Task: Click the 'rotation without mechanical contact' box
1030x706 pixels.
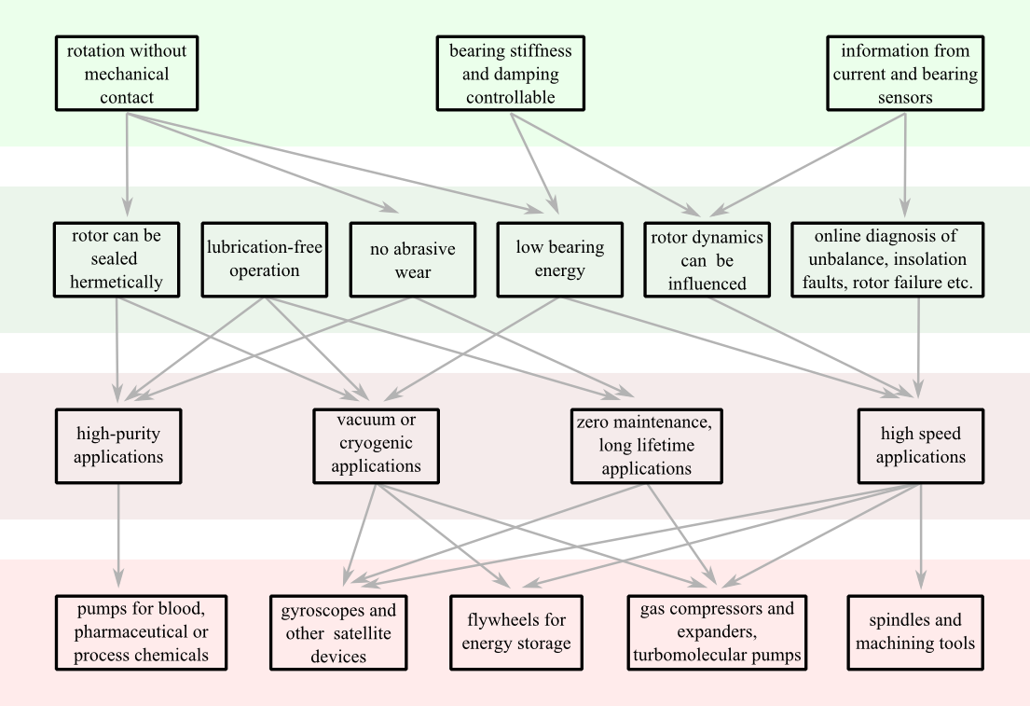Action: click(127, 74)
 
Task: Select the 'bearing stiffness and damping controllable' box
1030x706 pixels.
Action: click(511, 74)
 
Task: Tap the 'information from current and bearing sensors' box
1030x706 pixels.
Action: click(905, 74)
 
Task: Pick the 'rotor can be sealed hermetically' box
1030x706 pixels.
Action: click(116, 259)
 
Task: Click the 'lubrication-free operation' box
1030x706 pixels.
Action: click(265, 259)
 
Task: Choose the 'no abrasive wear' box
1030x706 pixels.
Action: click(413, 259)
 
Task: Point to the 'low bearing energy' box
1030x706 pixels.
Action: click(559, 259)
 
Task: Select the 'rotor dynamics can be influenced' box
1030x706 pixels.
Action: click(707, 259)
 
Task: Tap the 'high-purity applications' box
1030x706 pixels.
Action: click(118, 446)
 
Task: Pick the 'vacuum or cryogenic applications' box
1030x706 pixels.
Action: click(376, 446)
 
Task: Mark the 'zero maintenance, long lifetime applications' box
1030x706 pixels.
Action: click(647, 446)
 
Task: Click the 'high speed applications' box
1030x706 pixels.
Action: click(921, 446)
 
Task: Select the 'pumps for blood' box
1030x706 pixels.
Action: click(141, 632)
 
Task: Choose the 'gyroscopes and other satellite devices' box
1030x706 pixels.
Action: click(338, 632)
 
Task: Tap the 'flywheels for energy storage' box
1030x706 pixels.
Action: click(516, 632)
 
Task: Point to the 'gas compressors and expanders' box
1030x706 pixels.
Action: click(717, 632)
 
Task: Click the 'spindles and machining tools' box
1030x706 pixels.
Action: click(915, 632)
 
